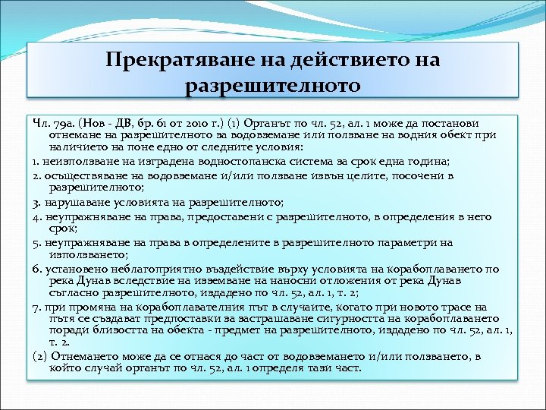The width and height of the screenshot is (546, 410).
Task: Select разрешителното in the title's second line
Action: pos(273,84)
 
